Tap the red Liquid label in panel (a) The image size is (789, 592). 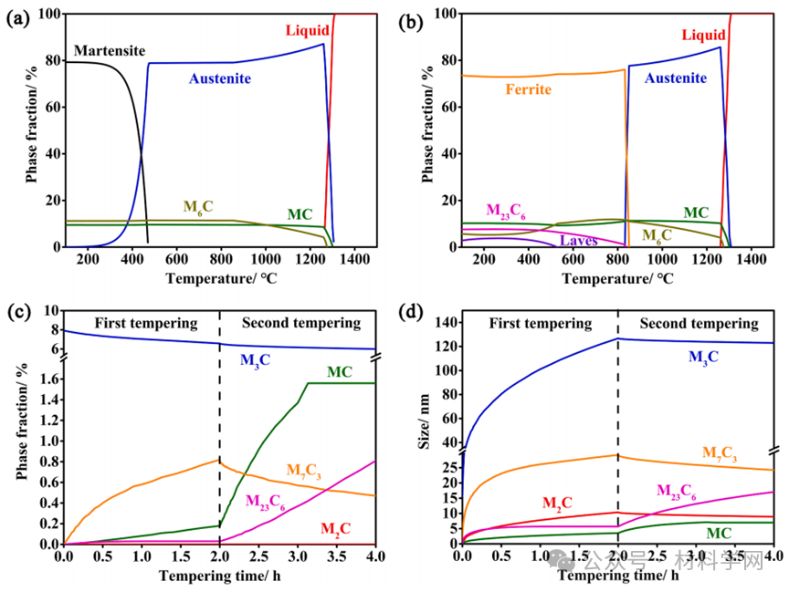pyautogui.click(x=306, y=31)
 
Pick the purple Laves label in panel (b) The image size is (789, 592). pyautogui.click(x=579, y=241)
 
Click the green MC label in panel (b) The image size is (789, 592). pyautogui.click(x=696, y=213)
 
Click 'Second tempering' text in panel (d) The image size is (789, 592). pyautogui.click(x=699, y=323)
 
